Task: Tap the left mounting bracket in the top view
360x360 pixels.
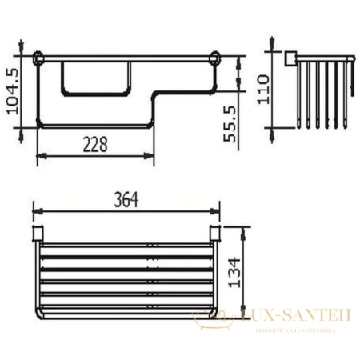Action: pos(36,234)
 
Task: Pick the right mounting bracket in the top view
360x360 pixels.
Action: pos(215,234)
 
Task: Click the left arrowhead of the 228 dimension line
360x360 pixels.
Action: pos(41,155)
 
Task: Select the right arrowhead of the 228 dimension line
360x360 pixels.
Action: pos(151,155)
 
